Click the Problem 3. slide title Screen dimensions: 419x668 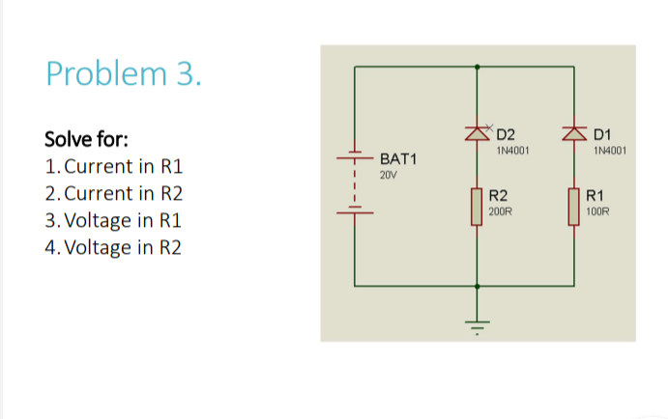pos(124,73)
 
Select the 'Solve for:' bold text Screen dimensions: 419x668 pos(86,138)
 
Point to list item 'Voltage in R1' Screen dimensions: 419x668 pos(114,220)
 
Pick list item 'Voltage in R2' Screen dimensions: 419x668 pos(114,247)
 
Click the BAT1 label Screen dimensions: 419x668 pos(397,157)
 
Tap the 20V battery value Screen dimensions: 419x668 pos(388,176)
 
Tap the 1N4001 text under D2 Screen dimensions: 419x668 pos(512,151)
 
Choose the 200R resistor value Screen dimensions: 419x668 pos(501,210)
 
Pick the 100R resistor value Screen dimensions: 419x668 pos(599,210)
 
